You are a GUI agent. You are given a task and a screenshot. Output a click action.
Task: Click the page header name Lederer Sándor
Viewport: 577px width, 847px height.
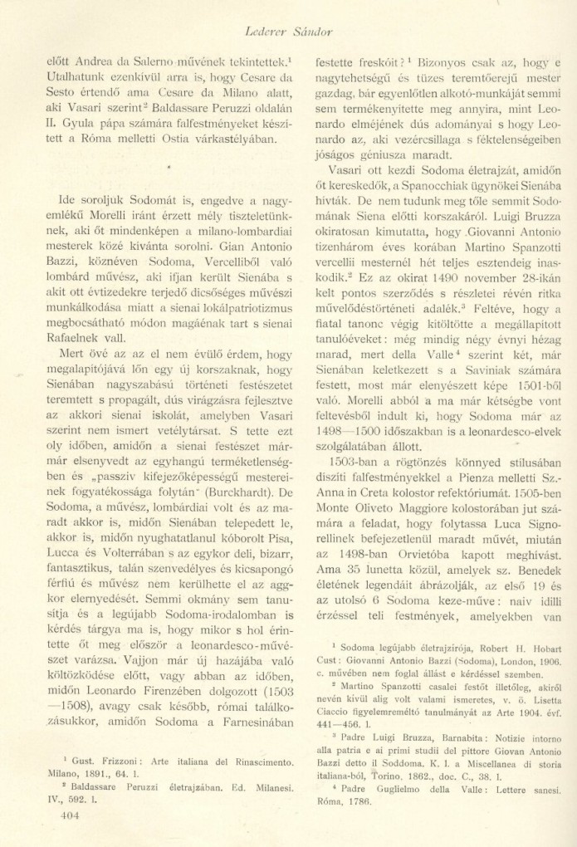tap(288, 32)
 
